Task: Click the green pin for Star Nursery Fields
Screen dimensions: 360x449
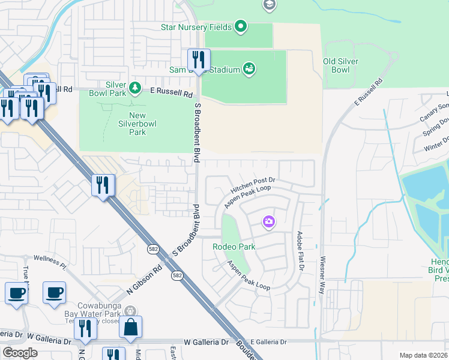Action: (241, 26)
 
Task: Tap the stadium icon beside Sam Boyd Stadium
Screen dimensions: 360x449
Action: (249, 68)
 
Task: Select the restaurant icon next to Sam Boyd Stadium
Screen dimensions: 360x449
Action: (199, 60)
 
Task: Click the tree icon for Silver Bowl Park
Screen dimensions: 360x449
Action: (135, 88)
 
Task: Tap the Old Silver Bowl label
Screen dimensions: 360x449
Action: (340, 65)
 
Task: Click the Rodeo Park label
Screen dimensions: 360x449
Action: (234, 247)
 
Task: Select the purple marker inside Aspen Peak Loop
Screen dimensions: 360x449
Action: (269, 223)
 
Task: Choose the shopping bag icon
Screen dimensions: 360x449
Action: (130, 327)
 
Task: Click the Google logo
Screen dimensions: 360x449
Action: (20, 353)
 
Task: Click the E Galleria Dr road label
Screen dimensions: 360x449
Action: (269, 342)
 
